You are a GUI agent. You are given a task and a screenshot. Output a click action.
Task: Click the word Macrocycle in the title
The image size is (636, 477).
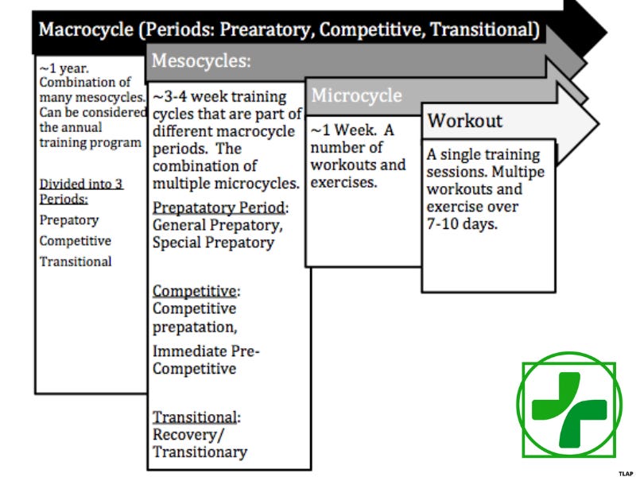tap(86, 30)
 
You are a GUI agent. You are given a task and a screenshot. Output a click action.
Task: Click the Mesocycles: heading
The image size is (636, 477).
tap(200, 60)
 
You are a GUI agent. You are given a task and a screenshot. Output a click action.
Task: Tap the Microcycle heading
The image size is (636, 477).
tap(356, 95)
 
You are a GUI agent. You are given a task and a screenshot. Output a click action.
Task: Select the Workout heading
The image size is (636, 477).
tap(465, 121)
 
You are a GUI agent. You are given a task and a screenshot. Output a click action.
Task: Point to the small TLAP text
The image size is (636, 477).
tap(626, 472)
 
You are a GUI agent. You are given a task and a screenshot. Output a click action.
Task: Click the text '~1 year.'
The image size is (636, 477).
tap(64, 69)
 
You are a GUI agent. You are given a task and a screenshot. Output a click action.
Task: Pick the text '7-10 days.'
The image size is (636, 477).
tap(460, 224)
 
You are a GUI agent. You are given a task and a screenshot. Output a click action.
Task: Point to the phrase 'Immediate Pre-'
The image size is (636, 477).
tap(206, 351)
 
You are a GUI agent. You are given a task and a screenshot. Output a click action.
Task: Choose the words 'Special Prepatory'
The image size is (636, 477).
tap(213, 242)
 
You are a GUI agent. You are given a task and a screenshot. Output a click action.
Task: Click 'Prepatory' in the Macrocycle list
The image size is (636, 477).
tap(69, 220)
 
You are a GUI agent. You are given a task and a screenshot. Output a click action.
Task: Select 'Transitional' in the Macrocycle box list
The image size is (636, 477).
tap(76, 262)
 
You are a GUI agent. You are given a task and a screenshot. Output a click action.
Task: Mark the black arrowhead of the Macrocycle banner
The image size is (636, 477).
tap(586, 30)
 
